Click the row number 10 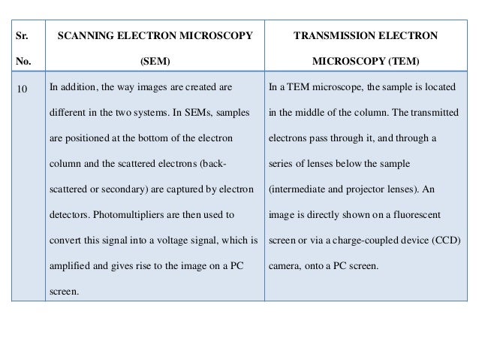click(22, 89)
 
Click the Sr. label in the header click(20, 35)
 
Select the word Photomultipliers click(131, 215)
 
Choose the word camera click(285, 266)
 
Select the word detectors click(69, 215)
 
